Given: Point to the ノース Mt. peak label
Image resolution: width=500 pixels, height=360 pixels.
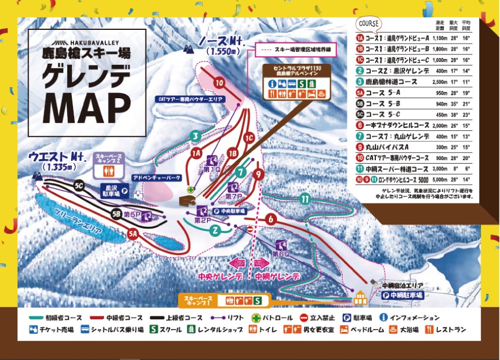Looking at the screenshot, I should [x=222, y=42].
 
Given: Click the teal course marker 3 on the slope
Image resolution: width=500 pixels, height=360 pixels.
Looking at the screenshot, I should [x=196, y=136].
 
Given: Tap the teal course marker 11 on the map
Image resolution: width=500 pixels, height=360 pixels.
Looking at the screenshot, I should [x=305, y=199].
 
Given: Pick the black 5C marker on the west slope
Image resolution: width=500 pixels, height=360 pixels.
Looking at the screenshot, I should [x=80, y=185].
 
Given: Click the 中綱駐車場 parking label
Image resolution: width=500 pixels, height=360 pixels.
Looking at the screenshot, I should [x=402, y=295].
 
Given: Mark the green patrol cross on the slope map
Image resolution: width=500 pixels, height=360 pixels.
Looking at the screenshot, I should [x=190, y=189].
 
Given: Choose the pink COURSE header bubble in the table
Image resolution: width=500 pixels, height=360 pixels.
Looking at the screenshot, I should [x=368, y=24].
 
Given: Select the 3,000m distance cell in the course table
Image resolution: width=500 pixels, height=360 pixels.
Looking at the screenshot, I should [x=439, y=169].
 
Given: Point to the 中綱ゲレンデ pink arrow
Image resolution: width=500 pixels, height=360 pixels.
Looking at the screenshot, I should [x=260, y=264].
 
